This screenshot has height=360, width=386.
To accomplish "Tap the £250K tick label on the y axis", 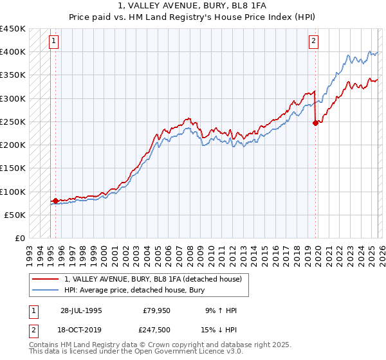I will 12,122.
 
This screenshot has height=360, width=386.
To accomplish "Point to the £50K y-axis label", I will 15,215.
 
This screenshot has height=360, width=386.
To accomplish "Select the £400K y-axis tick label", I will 12,51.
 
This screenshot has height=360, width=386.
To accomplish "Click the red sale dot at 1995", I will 55,201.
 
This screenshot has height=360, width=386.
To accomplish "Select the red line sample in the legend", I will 45,279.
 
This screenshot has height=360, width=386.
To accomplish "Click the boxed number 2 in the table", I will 33,330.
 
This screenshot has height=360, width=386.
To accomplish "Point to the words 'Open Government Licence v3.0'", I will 193,353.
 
